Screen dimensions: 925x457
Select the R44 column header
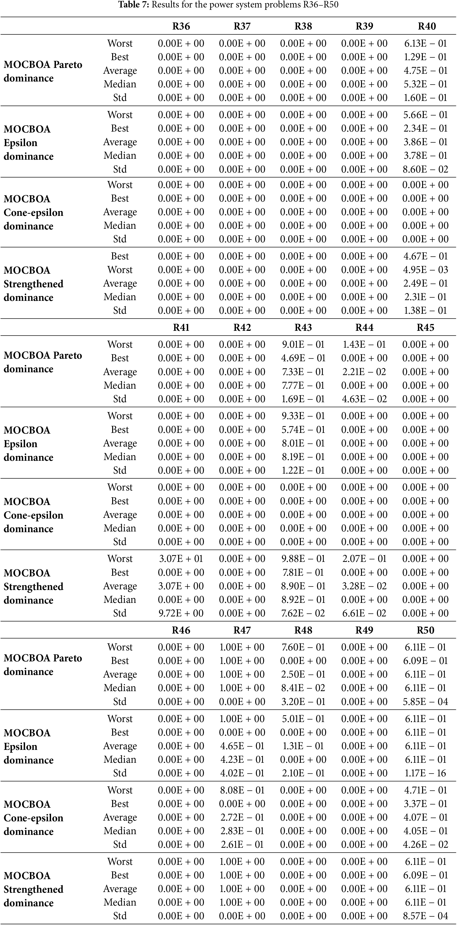click(364, 328)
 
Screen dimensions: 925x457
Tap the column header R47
click(242, 630)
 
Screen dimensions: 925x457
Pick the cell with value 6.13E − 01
click(425, 44)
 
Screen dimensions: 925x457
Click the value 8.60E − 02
click(425, 169)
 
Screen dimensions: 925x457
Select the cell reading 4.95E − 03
click(425, 270)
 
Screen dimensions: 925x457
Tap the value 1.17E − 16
click(425, 773)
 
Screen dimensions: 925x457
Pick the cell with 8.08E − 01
click(242, 790)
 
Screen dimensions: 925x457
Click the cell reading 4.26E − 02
click(425, 844)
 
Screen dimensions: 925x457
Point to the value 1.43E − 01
click(364, 345)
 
